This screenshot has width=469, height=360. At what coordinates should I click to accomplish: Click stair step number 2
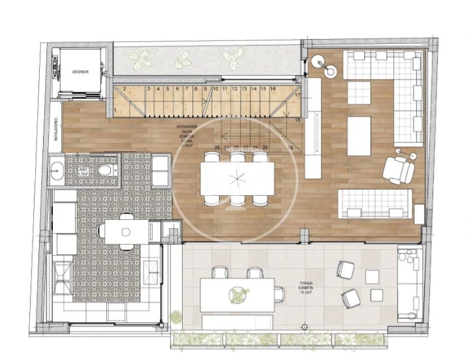124,89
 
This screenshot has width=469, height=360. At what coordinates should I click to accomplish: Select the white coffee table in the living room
359,135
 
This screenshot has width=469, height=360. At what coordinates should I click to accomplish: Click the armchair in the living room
399,169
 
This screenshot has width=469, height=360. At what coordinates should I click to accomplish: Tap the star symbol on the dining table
238,177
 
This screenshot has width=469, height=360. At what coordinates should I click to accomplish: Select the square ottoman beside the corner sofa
358,92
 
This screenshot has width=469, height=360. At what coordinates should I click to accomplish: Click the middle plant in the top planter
183,61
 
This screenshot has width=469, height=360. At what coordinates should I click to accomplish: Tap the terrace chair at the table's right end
280,294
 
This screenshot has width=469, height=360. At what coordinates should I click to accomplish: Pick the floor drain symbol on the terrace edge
303,325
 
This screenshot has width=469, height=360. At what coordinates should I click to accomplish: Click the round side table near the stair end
319,62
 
